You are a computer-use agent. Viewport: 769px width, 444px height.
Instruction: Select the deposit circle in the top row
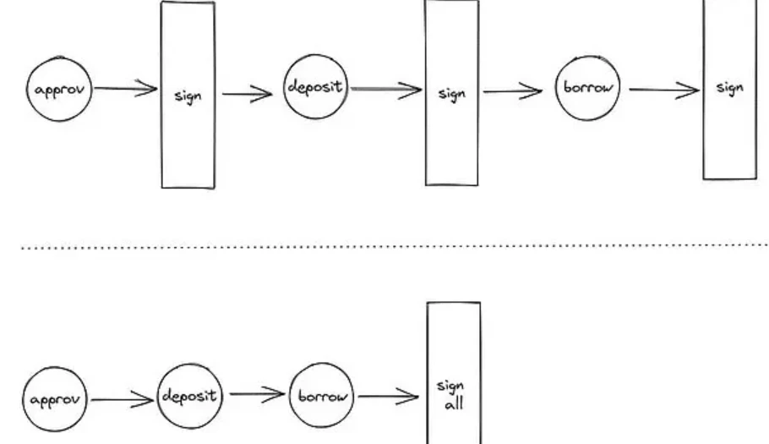tap(316, 87)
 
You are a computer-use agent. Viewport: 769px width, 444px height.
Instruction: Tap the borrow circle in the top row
tap(588, 88)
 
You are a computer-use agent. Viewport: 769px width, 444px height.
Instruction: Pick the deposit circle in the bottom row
tap(190, 395)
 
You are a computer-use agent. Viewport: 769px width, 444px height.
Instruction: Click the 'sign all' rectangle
tap(454, 372)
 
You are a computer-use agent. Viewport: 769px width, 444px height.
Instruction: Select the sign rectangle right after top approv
tap(188, 95)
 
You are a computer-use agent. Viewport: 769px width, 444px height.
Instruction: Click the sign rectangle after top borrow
tap(729, 88)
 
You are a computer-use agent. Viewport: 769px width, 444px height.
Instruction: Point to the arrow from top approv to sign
tap(124, 88)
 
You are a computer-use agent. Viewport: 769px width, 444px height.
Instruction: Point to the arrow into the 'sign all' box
tap(388, 395)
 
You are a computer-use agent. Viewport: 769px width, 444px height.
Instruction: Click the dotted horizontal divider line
tap(384, 247)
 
